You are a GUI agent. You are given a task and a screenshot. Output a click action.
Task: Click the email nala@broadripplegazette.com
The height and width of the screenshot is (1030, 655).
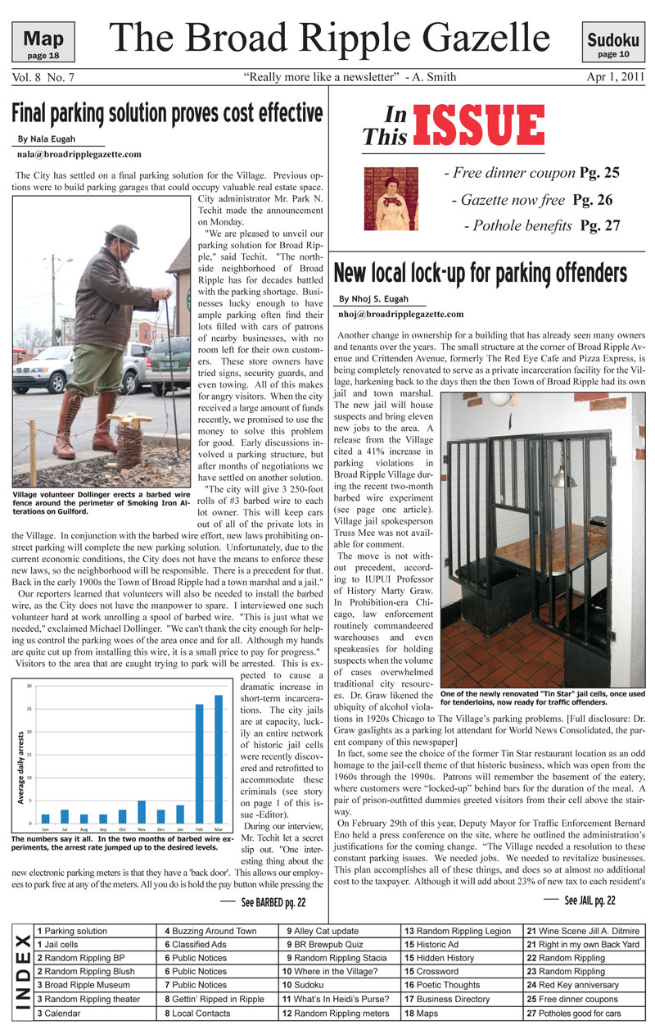pos(79,154)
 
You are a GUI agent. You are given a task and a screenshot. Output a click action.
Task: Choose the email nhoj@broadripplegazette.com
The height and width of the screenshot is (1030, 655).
pos(401,314)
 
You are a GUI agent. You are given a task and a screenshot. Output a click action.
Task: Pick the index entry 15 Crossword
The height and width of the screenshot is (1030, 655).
pos(434,970)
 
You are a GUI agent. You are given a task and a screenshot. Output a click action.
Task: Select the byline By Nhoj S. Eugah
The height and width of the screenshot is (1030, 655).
pos(373,299)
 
